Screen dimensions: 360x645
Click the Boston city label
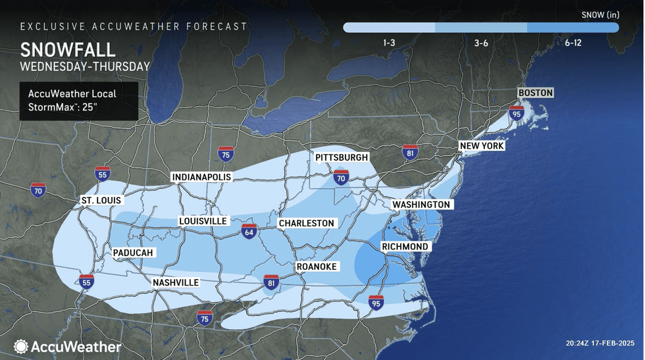(x=535, y=93)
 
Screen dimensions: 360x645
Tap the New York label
(x=481, y=145)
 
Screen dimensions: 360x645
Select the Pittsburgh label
(x=341, y=158)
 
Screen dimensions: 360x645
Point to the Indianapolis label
(x=201, y=178)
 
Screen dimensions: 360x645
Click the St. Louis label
(x=100, y=200)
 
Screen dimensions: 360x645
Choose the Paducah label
(x=133, y=253)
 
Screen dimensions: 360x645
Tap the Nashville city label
(x=175, y=283)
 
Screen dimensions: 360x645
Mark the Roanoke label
(x=317, y=266)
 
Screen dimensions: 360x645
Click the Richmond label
(x=405, y=247)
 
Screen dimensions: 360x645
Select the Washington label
(x=421, y=205)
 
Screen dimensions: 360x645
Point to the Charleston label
(x=307, y=223)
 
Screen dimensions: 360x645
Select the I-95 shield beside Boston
(x=516, y=113)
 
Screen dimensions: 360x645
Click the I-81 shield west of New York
(x=410, y=153)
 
